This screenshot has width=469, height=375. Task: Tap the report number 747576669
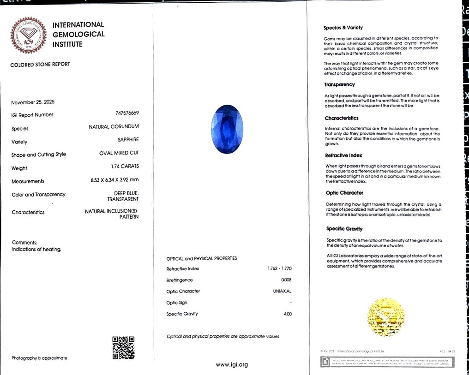pos(127,113)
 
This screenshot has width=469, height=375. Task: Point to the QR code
pos(123,347)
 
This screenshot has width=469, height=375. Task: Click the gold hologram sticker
pos(385,317)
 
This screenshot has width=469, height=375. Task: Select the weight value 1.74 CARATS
pos(125,166)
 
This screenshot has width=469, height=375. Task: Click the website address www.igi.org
pos(232,365)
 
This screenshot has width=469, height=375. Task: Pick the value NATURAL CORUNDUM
pos(114,126)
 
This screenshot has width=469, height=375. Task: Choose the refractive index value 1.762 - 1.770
pos(280,268)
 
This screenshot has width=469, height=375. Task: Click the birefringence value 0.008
pos(286,280)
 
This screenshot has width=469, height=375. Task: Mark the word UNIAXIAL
pos(282,291)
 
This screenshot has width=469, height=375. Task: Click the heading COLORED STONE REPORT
pos(40,64)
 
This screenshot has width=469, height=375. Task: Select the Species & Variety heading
pos(343,28)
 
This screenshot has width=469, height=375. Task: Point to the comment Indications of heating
pos(36,249)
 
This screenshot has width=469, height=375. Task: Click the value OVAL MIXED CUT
pos(119,153)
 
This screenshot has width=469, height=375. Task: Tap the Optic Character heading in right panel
pos(344,193)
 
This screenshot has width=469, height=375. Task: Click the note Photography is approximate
pos(39,358)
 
